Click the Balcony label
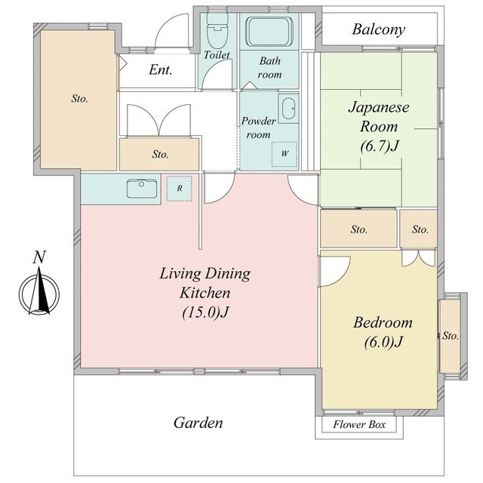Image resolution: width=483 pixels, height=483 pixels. (x=378, y=29)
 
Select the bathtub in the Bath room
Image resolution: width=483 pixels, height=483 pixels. (x=269, y=32)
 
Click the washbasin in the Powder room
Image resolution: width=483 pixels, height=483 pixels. (x=289, y=109)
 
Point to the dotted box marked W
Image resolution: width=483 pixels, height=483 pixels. (x=285, y=154)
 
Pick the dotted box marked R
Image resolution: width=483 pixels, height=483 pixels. (x=180, y=189)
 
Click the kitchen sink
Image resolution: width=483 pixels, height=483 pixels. (x=142, y=189)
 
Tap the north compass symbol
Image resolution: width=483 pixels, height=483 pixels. (x=39, y=291)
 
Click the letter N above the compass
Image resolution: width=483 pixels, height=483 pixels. (x=39, y=257)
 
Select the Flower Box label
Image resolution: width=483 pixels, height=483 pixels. (x=359, y=425)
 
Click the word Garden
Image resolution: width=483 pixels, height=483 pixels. (x=198, y=423)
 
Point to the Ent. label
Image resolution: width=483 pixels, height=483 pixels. (x=160, y=70)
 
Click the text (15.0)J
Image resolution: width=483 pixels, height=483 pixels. (x=205, y=312)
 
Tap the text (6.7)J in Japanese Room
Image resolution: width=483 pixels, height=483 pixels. (x=379, y=146)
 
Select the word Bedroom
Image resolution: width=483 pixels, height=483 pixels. (x=383, y=322)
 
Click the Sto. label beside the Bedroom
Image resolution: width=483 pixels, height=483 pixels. (x=451, y=335)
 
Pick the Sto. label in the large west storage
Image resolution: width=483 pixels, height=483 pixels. (x=80, y=99)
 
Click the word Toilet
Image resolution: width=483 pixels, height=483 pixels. (x=217, y=55)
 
